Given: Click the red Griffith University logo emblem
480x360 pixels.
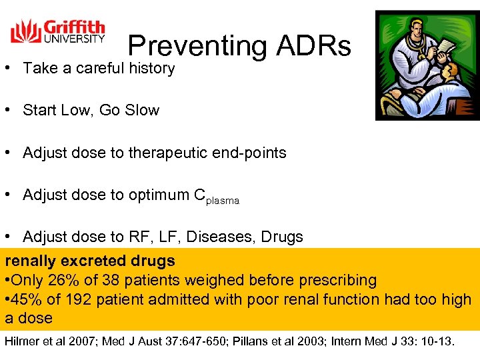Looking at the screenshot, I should [x=25, y=31].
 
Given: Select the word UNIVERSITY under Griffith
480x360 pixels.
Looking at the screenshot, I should [x=74, y=38].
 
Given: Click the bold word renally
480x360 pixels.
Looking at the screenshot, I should [x=32, y=261].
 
